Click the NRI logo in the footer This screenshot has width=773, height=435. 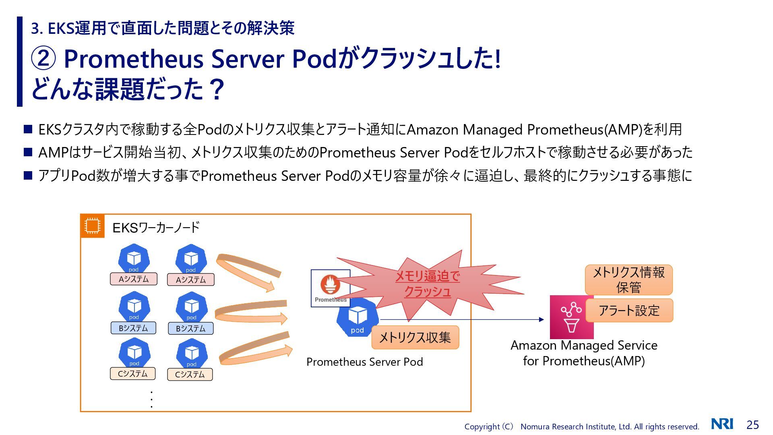[722, 424]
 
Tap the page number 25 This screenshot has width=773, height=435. [752, 425]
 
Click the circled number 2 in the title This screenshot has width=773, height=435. [43, 59]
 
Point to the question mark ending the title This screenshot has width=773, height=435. [217, 89]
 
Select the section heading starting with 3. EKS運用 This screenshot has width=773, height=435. [163, 28]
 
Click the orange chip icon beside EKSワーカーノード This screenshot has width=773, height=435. [92, 226]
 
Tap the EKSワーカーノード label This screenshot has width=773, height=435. [156, 228]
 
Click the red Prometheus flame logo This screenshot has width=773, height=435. [330, 284]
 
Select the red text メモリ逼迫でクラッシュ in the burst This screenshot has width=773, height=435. [427, 284]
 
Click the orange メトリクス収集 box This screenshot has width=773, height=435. [415, 337]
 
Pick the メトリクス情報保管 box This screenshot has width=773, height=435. [628, 280]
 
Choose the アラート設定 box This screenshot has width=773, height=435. [629, 311]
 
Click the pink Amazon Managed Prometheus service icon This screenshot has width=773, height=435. [571, 317]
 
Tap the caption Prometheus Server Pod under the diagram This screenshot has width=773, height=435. [364, 362]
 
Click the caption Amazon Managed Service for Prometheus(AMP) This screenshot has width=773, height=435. [584, 353]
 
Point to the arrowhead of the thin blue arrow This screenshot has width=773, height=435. [542, 319]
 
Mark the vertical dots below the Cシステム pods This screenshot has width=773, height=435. [151, 399]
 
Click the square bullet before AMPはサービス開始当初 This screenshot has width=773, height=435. [28, 152]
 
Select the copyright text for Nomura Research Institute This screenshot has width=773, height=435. [581, 427]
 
